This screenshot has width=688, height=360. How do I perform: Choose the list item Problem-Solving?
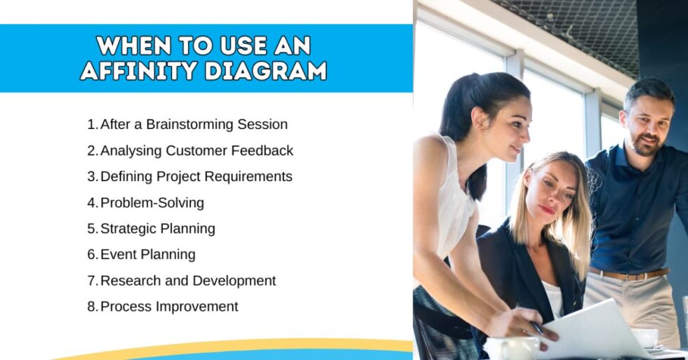[152, 203]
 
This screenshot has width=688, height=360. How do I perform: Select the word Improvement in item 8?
[197, 307]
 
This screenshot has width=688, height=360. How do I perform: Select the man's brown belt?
[628, 273]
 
